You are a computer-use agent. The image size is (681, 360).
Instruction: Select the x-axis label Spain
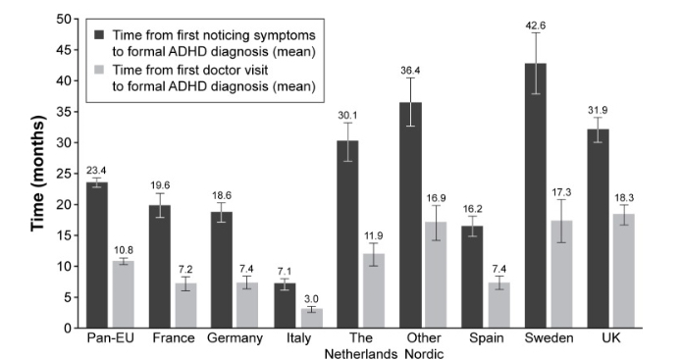[x=504, y=339]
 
